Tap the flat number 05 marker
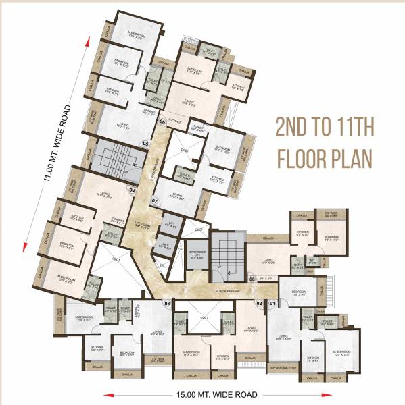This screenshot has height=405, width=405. click(145, 144)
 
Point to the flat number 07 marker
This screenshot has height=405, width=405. click(154, 201)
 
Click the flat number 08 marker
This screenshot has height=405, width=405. click(252, 278)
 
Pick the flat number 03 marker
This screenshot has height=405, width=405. click(167, 303)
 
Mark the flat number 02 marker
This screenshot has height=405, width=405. click(259, 303)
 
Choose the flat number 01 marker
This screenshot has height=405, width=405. click(273, 303)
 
